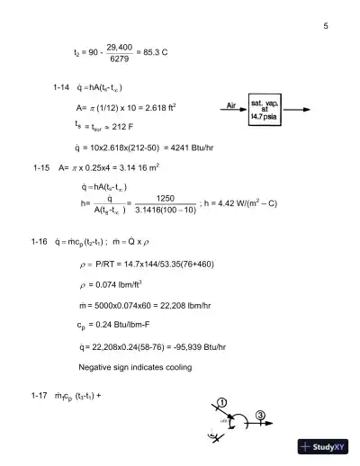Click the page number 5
[325, 26]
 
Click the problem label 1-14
[61, 87]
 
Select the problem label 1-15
[40, 167]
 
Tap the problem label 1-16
[39, 242]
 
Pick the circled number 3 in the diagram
[260, 414]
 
